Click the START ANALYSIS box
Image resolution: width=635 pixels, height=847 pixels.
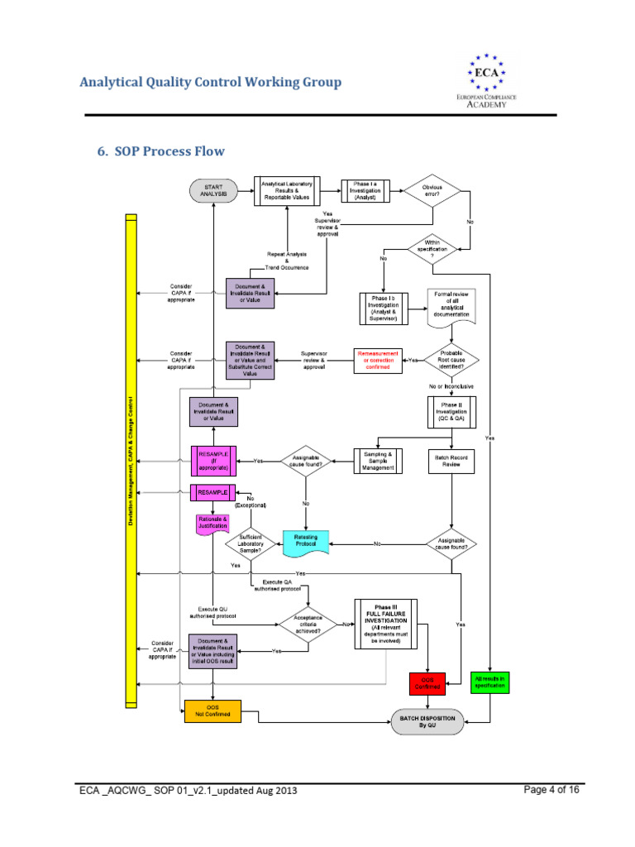[x=212, y=191]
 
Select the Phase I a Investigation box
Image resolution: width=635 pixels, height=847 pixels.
[x=365, y=191]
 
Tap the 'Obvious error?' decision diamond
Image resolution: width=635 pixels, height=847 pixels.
[x=432, y=191]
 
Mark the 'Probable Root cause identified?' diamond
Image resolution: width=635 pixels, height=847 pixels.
[x=451, y=361]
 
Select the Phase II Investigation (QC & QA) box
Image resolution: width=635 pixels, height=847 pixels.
[x=451, y=412]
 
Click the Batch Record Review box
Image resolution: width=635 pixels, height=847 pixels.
[x=451, y=460]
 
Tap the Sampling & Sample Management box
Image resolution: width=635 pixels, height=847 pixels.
[x=378, y=461]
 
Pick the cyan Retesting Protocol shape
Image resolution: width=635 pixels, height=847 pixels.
[x=306, y=542]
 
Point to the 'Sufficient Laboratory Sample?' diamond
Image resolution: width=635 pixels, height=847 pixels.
[x=251, y=543]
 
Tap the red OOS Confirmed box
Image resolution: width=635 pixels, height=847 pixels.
[x=427, y=683]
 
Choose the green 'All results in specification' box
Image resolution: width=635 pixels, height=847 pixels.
[x=490, y=682]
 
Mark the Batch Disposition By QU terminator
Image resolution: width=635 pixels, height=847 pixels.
[x=427, y=721]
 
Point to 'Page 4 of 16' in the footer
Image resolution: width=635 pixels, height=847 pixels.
[x=551, y=790]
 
